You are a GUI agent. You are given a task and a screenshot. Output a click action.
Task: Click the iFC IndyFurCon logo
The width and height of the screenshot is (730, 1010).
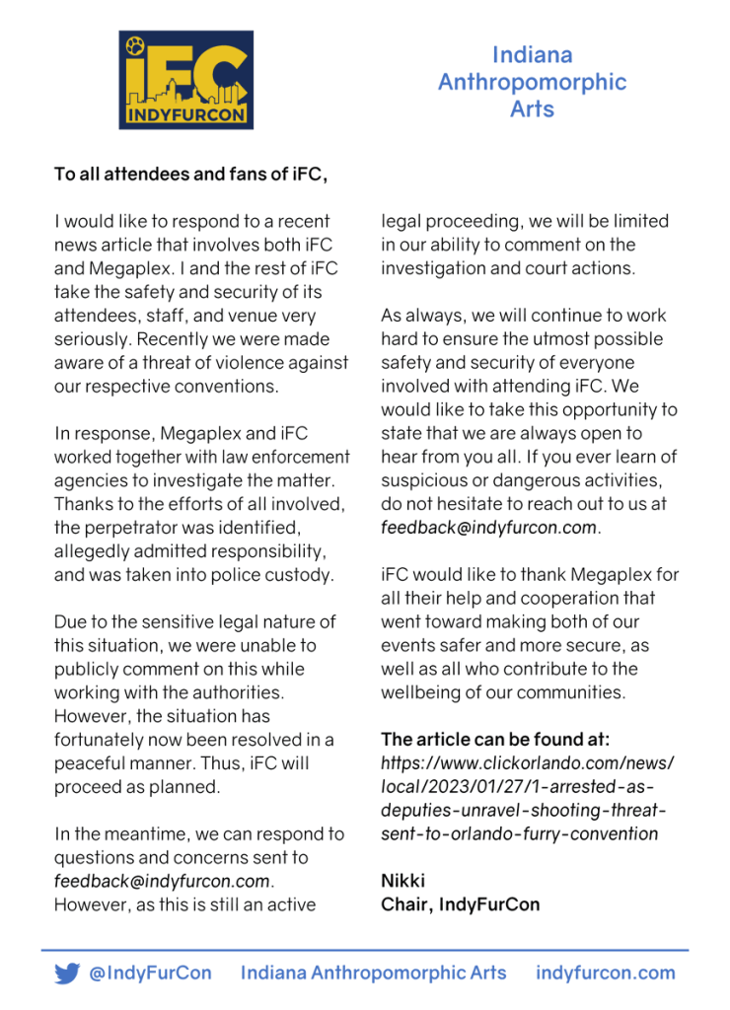click(x=186, y=80)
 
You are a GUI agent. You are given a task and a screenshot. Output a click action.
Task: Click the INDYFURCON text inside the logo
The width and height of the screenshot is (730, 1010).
click(x=186, y=117)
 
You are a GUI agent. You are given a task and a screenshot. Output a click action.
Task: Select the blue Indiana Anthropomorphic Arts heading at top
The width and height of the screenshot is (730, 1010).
click(x=532, y=82)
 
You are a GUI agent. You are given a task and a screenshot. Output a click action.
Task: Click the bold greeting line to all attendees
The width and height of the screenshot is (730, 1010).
click(x=190, y=175)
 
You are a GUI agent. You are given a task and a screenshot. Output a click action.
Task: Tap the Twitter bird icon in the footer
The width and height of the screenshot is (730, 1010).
click(x=67, y=974)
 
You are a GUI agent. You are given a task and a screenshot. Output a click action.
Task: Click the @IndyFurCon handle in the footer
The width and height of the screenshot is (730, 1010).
click(x=150, y=974)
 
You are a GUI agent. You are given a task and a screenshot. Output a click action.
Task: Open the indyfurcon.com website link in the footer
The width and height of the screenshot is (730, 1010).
click(x=605, y=974)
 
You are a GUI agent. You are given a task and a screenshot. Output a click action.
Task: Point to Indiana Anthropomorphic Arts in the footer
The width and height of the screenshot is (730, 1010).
click(x=373, y=974)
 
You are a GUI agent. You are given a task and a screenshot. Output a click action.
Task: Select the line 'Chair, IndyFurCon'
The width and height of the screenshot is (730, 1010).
click(x=460, y=904)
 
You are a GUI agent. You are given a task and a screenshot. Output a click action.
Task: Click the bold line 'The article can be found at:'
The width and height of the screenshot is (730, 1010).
click(x=495, y=739)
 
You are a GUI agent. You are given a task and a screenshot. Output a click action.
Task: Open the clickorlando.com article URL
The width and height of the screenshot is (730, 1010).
click(x=527, y=798)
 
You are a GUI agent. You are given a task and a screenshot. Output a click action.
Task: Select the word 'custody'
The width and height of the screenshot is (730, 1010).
click(x=298, y=574)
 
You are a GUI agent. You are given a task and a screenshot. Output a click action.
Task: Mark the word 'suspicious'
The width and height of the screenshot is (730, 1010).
click(x=424, y=479)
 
